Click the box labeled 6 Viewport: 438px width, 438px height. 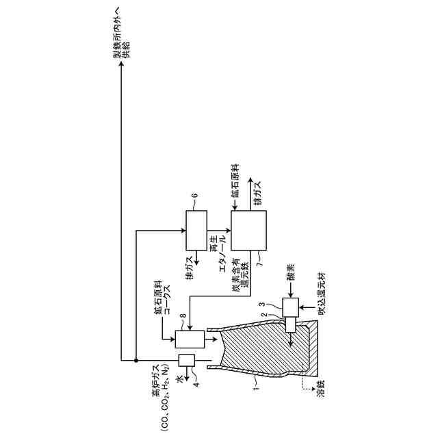[x=196, y=231]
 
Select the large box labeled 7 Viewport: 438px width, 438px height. [x=248, y=231]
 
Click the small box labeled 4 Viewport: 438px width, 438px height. [x=187, y=360]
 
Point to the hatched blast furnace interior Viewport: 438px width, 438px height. [x=257, y=349]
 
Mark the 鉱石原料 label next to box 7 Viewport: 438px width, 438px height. [x=235, y=183]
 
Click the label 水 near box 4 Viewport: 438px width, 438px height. [x=181, y=378]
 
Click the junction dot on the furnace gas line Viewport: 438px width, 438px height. [x=137, y=360]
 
